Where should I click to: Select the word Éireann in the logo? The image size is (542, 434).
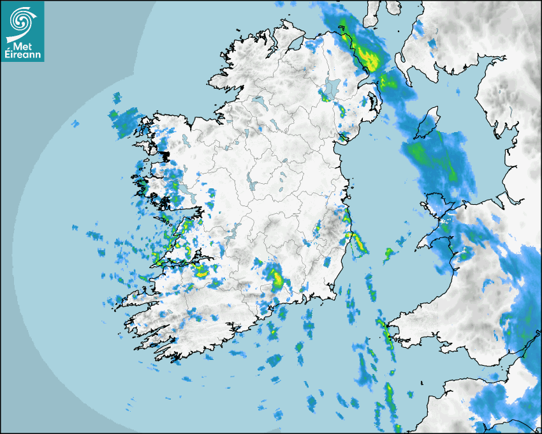tap(23, 55)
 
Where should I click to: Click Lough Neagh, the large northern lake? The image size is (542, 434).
tap(332, 87)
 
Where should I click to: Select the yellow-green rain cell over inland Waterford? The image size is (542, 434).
tap(277, 279)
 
